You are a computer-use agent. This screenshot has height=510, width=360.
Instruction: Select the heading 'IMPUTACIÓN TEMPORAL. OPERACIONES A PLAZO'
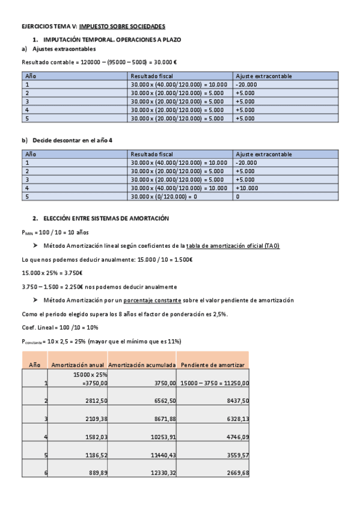click(106, 39)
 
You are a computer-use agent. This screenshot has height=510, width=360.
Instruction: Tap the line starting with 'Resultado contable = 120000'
click(99, 62)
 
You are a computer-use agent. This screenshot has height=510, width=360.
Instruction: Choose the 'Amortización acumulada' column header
click(142, 364)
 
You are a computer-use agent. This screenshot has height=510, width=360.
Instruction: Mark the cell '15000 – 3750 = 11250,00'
click(215, 382)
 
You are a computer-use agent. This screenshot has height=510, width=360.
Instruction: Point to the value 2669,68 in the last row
click(237, 473)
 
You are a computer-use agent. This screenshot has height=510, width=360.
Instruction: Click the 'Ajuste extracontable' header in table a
click(264, 76)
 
